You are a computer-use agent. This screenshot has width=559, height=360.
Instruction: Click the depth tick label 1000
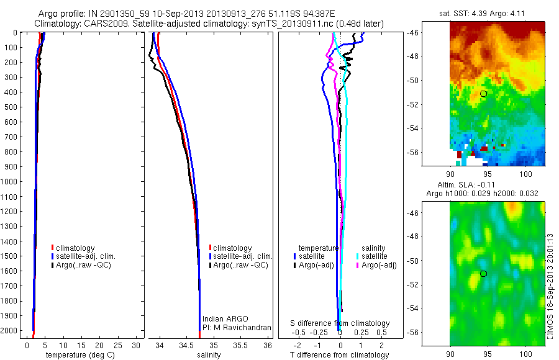click(11, 182)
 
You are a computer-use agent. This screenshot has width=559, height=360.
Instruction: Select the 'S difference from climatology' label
click(340, 323)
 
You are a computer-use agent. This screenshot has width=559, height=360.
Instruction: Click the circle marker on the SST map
click(483, 93)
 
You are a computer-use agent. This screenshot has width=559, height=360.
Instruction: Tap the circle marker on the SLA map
click(483, 273)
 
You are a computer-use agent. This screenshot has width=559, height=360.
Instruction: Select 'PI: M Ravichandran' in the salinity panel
click(234, 327)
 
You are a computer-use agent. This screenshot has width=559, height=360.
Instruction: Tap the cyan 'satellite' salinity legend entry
click(375, 256)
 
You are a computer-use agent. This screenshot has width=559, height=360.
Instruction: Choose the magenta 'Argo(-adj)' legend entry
click(379, 265)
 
